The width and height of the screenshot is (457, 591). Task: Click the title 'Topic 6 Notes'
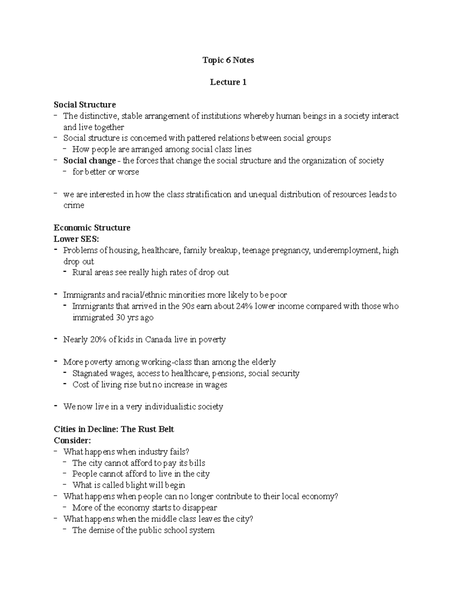[228, 60]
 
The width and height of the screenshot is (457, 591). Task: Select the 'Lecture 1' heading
[228, 82]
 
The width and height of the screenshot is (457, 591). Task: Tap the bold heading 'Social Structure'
[85, 105]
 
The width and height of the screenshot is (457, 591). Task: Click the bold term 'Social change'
[89, 161]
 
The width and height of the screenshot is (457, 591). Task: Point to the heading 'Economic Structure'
[92, 228]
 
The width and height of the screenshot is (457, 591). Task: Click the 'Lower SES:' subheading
[76, 239]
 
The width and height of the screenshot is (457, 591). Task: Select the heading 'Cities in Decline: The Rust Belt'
[113, 429]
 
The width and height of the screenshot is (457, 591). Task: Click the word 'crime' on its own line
[74, 205]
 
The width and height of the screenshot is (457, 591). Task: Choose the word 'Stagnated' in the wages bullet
[90, 373]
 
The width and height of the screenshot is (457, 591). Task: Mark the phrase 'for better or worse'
[105, 172]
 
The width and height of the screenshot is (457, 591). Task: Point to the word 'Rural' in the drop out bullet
[82, 272]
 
